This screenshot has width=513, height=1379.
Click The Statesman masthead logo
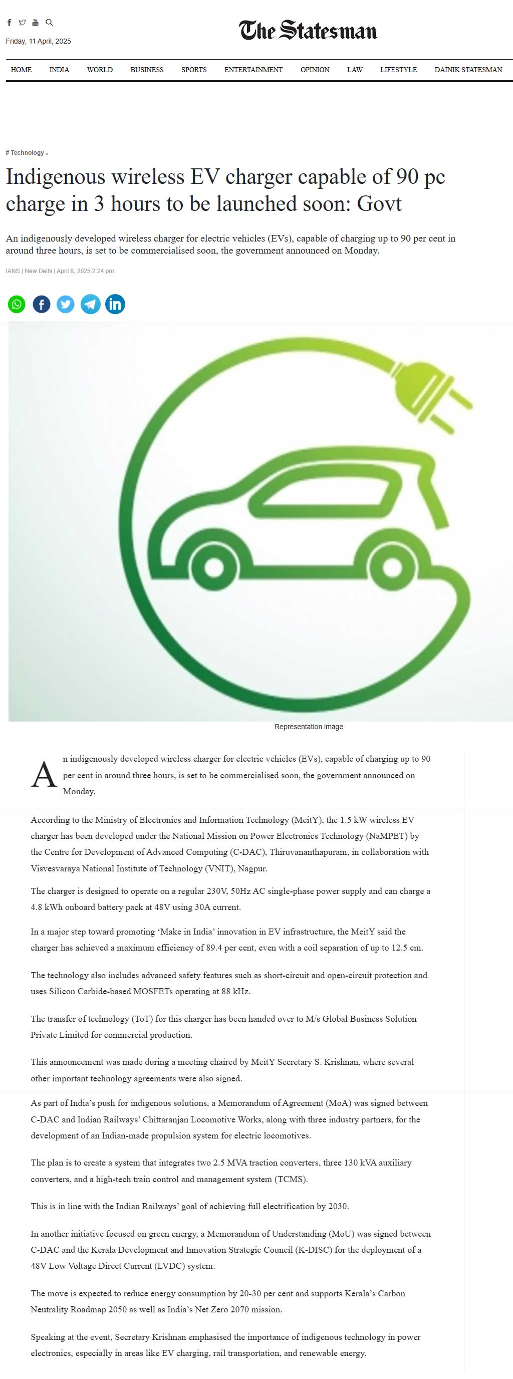tap(308, 31)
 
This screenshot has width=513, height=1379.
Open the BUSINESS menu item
tap(147, 70)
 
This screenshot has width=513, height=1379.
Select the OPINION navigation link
tap(315, 70)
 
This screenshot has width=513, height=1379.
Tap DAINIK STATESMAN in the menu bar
tap(468, 70)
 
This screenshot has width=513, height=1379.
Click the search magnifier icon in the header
tap(49, 23)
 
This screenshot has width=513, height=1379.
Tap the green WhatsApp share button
tap(17, 304)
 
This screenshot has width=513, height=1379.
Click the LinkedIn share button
tap(115, 304)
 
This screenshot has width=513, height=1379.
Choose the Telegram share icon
tap(90, 304)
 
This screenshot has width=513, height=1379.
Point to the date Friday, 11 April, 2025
tap(39, 41)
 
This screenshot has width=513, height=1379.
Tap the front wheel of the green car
tap(392, 567)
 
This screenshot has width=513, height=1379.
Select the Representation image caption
tap(309, 727)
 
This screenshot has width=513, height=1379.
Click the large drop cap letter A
tap(44, 775)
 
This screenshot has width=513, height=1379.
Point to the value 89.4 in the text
tap(214, 948)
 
